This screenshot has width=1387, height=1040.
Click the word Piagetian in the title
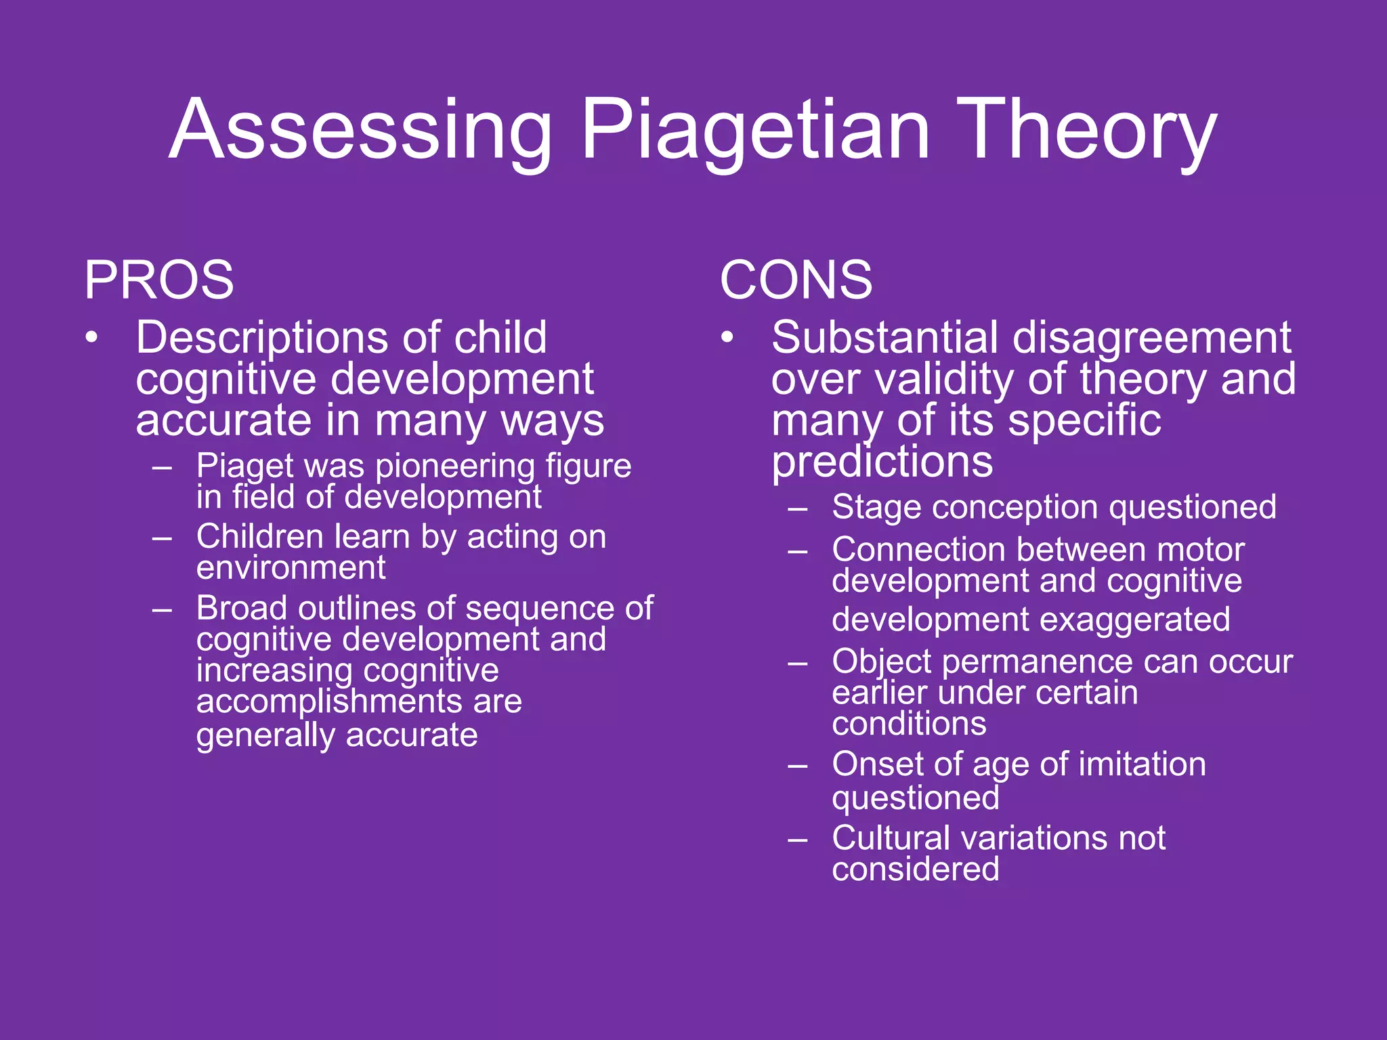[755, 130]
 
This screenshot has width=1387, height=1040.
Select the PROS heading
[159, 280]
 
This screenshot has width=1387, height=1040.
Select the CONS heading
[796, 280]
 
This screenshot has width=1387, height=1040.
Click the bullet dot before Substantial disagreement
[727, 337]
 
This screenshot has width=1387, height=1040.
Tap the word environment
[291, 567]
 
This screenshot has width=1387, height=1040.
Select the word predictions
[882, 462]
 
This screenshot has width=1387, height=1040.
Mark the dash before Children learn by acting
[162, 538]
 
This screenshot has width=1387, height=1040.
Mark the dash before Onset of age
[798, 766]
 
